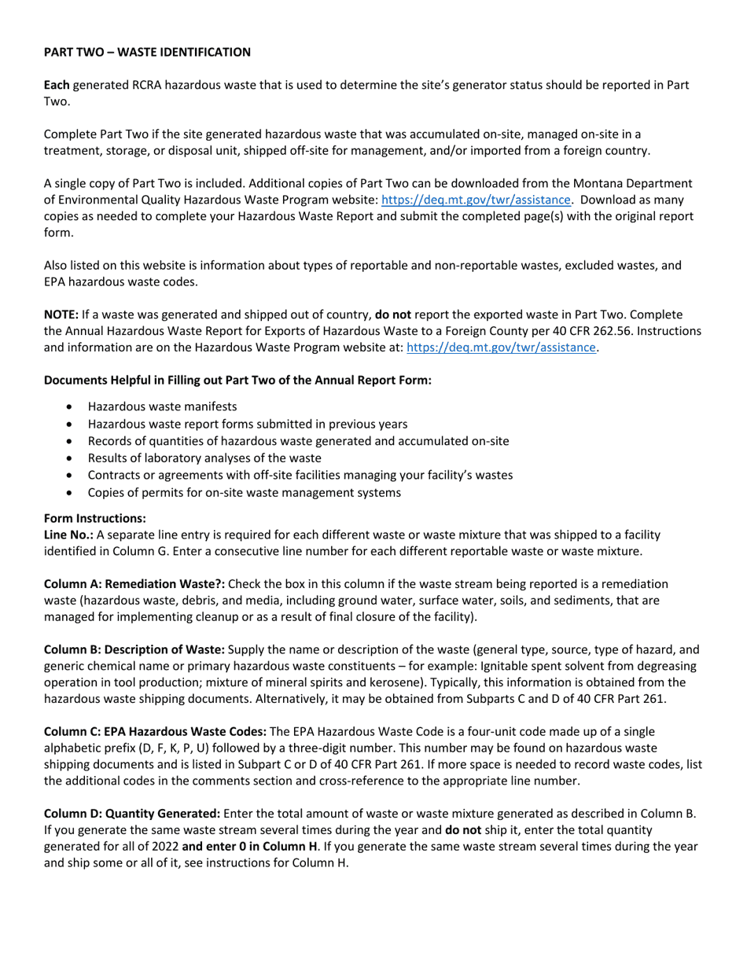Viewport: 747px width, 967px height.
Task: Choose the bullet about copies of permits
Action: pyautogui.click(x=245, y=493)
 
